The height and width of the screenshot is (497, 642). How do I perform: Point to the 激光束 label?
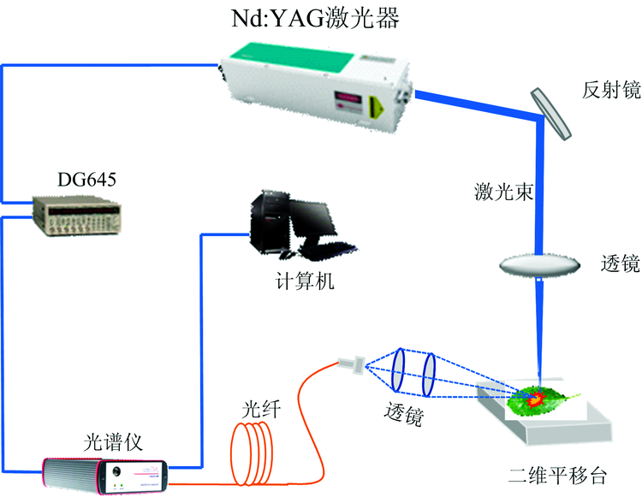click(x=505, y=191)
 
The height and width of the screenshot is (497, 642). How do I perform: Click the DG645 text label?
click(x=86, y=180)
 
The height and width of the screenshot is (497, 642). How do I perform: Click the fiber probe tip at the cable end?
click(x=351, y=365)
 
